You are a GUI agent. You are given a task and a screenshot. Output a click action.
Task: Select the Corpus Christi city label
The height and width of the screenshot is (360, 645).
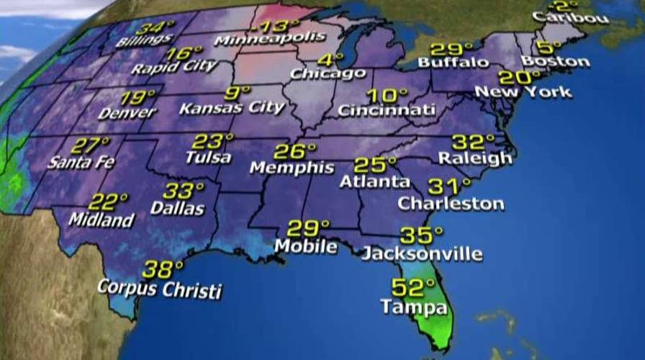pyautogui.click(x=160, y=291)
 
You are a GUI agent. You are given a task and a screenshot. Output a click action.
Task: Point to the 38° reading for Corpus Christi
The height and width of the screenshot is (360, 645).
pyautogui.click(x=163, y=270)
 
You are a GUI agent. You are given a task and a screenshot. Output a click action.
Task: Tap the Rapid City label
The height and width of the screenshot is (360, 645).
pyautogui.click(x=174, y=68)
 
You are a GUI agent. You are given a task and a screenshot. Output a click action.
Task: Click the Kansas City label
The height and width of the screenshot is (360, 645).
pyautogui.click(x=232, y=108)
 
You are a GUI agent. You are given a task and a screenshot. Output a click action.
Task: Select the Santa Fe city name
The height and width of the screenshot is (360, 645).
pyautogui.click(x=81, y=162)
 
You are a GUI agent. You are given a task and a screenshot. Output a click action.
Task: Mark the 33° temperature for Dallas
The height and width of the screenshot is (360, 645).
pyautogui.click(x=184, y=191)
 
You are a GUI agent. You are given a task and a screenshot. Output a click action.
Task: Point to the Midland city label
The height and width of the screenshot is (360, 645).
pyautogui.click(x=101, y=220)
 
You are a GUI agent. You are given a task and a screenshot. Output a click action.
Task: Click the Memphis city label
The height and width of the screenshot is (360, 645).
pyautogui.click(x=292, y=168)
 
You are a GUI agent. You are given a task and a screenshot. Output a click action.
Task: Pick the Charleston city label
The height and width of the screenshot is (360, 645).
pyautogui.click(x=451, y=204)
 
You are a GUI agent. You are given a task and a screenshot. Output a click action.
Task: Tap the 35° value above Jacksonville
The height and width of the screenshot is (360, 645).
pyautogui.click(x=422, y=235)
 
